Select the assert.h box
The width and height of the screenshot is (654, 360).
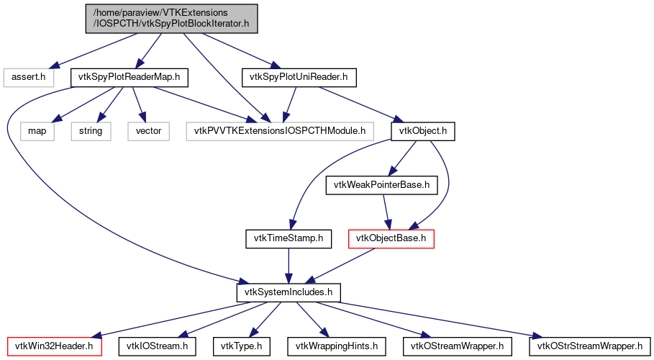(x=29, y=76)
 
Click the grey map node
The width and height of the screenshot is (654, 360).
(x=37, y=131)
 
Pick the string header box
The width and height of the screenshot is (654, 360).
(x=91, y=131)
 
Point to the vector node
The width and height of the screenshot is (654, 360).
(x=148, y=131)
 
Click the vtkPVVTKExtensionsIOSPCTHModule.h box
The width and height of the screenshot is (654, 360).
(x=280, y=131)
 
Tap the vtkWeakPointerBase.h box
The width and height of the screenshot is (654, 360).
(x=382, y=185)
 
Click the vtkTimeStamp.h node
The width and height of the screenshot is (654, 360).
(x=288, y=238)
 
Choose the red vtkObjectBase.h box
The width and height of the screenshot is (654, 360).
(x=391, y=238)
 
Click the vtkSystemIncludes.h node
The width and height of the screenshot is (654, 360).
(x=288, y=292)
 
